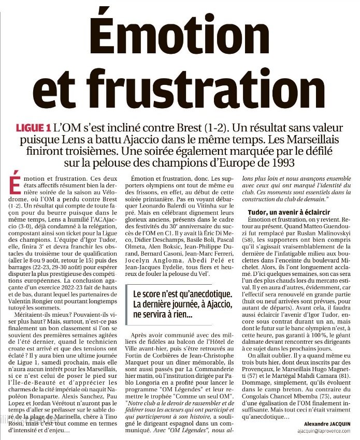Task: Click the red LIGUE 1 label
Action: (x=33, y=127)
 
